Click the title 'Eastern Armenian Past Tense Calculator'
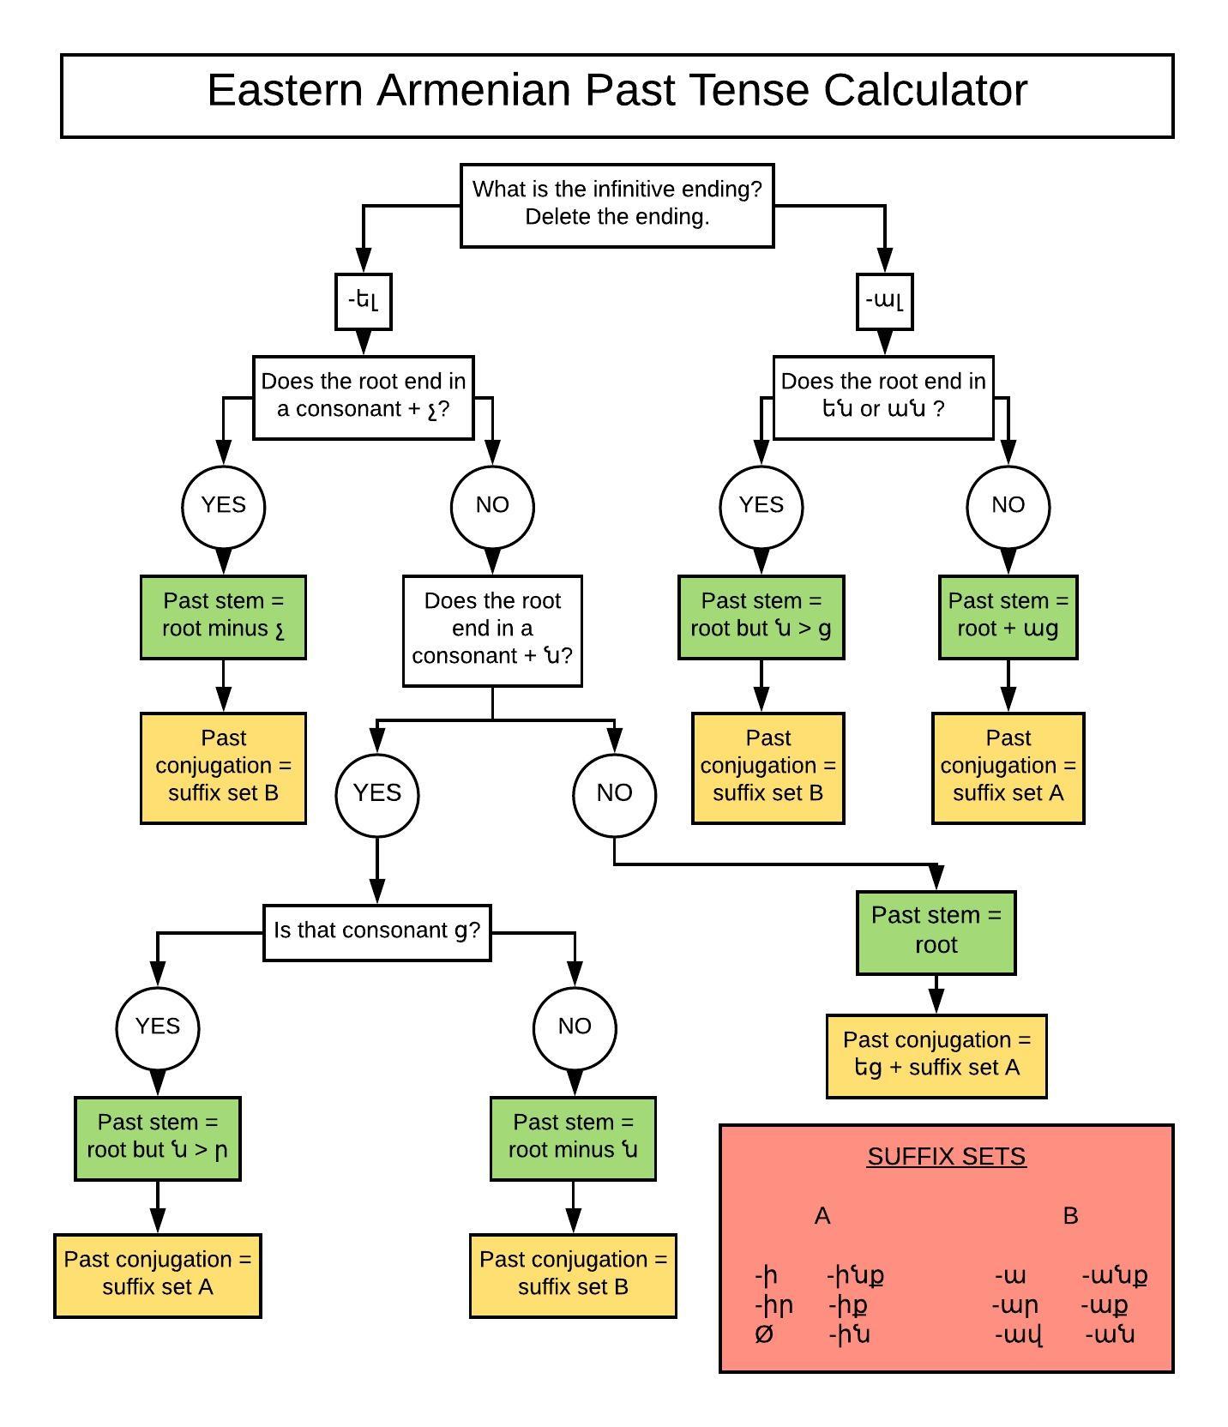[617, 90]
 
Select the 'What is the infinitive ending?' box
[617, 204]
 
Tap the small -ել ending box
[363, 301]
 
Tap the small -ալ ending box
[884, 301]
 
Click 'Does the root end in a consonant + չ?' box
[363, 396]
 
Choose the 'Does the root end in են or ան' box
[883, 396]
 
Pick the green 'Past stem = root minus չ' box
[223, 616]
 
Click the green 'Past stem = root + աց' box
[1008, 616]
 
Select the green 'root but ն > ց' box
[761, 616]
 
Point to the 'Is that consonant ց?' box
[376, 931]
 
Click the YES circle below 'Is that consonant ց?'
[158, 1027]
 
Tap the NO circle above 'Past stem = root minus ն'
[574, 1027]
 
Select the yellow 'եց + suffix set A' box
[936, 1055]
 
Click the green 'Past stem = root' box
[936, 931]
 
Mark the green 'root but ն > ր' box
[158, 1137]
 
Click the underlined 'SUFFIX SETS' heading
[946, 1156]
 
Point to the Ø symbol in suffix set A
[764, 1334]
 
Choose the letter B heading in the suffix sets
[1069, 1216]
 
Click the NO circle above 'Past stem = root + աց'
[1008, 506]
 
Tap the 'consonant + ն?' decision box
[492, 629]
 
